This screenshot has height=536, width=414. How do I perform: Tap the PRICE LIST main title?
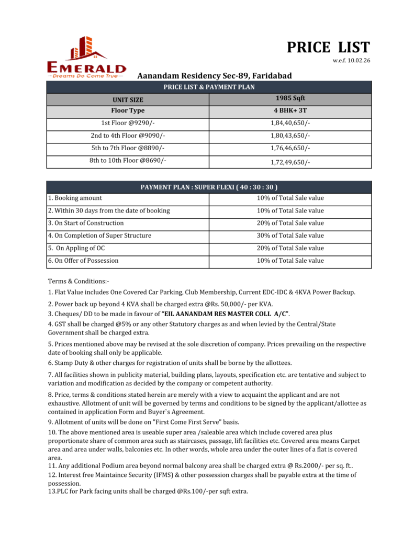[328, 48]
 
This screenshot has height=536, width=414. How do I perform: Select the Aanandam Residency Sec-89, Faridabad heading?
[214, 76]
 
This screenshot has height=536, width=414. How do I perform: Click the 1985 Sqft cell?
[290, 98]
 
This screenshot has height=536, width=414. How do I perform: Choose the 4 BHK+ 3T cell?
[290, 110]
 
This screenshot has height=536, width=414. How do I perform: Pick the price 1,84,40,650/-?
[290, 123]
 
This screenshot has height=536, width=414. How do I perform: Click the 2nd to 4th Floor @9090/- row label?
[128, 136]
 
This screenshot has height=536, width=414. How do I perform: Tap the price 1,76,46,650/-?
[290, 149]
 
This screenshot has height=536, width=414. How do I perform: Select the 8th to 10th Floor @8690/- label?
[128, 161]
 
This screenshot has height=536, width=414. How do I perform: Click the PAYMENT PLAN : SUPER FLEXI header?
[209, 187]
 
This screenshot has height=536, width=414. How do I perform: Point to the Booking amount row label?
[77, 198]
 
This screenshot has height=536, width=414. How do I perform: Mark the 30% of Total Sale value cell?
[290, 236]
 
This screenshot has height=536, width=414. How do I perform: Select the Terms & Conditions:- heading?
[79, 281]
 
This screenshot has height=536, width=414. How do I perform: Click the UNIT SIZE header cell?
[128, 99]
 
